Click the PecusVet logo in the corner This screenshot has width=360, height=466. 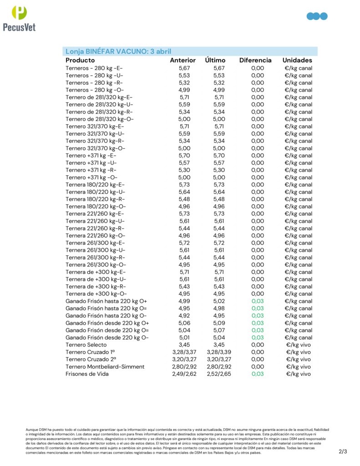[19, 18]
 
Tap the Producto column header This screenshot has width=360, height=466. [80, 60]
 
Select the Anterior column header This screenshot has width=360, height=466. [183, 60]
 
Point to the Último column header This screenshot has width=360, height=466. [216, 60]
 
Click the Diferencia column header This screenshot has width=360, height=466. [255, 60]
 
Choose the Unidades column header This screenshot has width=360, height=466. [297, 60]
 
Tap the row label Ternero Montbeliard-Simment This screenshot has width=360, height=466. [105, 367]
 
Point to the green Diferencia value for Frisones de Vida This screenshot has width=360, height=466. [258, 374]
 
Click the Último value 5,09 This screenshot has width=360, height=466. [219, 323]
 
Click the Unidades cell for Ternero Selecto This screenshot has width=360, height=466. [299, 345]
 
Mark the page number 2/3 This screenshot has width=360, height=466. [343, 451]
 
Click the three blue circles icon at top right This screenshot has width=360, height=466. [317, 16]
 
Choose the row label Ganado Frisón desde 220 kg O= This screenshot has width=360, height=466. [107, 330]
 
